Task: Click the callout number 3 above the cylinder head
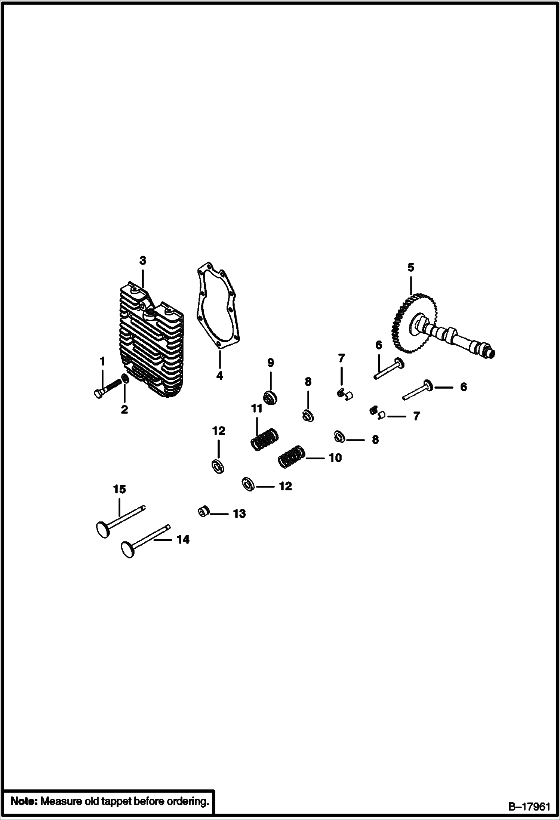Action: pyautogui.click(x=143, y=261)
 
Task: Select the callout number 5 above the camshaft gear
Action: pyautogui.click(x=410, y=267)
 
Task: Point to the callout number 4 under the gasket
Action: pyautogui.click(x=219, y=375)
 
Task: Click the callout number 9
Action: pyautogui.click(x=270, y=363)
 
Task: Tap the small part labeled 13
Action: pyautogui.click(x=203, y=512)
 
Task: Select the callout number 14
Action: pyautogui.click(x=183, y=540)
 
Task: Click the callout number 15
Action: pyautogui.click(x=120, y=489)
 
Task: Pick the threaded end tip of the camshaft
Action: pyautogui.click(x=491, y=353)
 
